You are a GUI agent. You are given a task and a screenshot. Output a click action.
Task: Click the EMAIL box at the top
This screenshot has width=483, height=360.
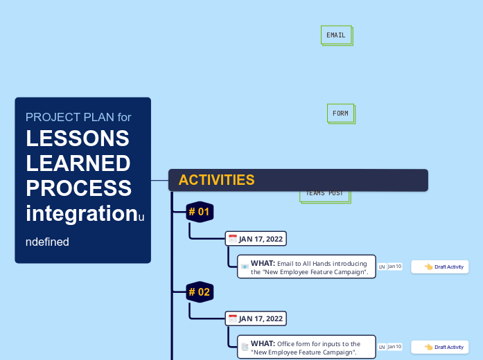(336, 35)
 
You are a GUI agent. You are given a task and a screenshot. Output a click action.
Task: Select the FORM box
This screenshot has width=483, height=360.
(340, 114)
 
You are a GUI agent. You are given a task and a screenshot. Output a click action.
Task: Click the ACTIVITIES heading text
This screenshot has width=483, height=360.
(216, 180)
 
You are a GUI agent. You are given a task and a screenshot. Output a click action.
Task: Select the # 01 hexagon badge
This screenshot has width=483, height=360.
(200, 212)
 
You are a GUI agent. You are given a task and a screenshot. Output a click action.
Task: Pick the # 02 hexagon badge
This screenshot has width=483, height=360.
(200, 292)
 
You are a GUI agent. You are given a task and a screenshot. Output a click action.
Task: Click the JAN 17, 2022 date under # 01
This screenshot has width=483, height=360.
(261, 240)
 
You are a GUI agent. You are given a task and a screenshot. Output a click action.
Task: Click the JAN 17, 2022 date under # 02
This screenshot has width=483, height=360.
(261, 319)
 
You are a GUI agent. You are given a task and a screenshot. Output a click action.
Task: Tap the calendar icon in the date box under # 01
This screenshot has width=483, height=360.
(233, 239)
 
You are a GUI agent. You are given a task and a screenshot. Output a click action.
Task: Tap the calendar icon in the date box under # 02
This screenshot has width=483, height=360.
(233, 318)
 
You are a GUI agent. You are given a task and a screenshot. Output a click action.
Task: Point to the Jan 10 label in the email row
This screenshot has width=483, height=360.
(394, 266)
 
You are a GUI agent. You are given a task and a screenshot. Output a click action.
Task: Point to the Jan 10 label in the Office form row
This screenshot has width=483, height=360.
(394, 346)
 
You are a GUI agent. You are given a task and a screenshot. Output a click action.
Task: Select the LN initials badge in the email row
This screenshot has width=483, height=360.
(382, 267)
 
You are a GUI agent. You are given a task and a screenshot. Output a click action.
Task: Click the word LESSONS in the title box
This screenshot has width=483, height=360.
(78, 138)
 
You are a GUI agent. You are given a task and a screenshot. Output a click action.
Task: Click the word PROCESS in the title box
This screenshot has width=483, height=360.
(78, 188)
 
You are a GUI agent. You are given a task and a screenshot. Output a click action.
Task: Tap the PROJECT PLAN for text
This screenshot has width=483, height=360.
(78, 117)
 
